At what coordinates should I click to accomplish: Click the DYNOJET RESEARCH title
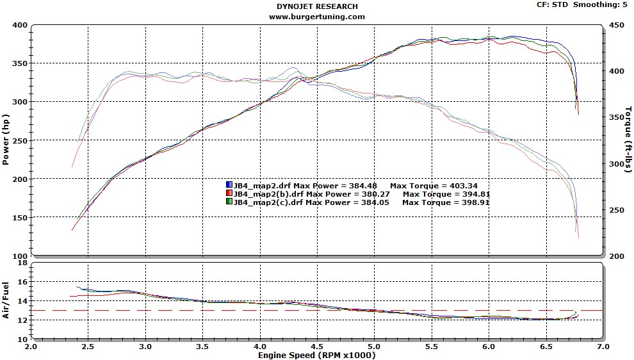(317, 6)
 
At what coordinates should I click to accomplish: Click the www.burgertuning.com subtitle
(317, 17)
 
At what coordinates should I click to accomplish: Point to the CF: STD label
(552, 4)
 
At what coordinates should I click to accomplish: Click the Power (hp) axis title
(6, 140)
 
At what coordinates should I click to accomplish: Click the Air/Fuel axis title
(6, 300)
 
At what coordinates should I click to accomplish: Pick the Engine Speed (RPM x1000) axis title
(317, 354)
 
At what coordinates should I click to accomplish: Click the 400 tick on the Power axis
(19, 25)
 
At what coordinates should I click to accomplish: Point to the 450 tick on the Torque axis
(615, 25)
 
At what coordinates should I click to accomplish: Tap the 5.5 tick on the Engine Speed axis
(431, 346)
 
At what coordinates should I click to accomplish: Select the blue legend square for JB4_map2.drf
(229, 185)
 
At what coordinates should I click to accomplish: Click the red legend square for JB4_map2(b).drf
(229, 193)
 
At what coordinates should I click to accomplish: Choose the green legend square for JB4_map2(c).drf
(229, 202)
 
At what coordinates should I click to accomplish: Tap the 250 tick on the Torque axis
(615, 210)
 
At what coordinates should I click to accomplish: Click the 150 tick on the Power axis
(19, 217)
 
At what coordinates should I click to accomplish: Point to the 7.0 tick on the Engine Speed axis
(603, 346)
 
